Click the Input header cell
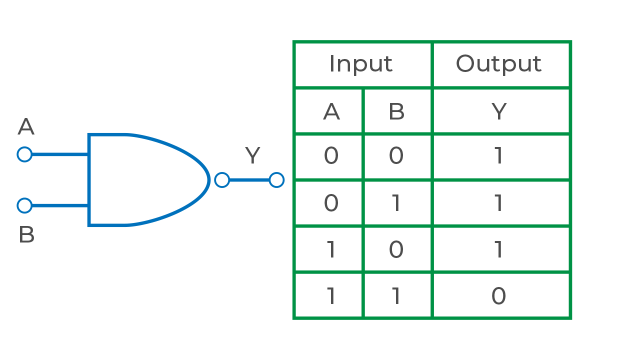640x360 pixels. (361, 64)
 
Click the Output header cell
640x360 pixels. (498, 64)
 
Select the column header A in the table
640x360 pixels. (331, 111)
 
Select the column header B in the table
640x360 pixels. (396, 111)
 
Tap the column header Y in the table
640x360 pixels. (498, 111)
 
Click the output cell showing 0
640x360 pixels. (498, 296)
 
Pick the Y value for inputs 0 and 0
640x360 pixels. (498, 156)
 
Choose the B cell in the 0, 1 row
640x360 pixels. (396, 203)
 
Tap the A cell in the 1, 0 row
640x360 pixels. (331, 249)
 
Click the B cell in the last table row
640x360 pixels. (396, 296)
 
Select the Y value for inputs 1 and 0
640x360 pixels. (498, 249)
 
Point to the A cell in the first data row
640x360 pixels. (331, 156)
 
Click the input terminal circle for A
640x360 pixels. (24, 154)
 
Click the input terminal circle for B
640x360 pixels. (24, 205)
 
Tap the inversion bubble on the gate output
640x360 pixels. (222, 180)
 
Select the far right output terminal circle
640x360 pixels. (276, 180)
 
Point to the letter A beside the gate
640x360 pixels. (26, 127)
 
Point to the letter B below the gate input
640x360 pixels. (26, 235)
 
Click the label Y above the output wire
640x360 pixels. (252, 156)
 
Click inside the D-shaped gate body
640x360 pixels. (145, 180)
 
